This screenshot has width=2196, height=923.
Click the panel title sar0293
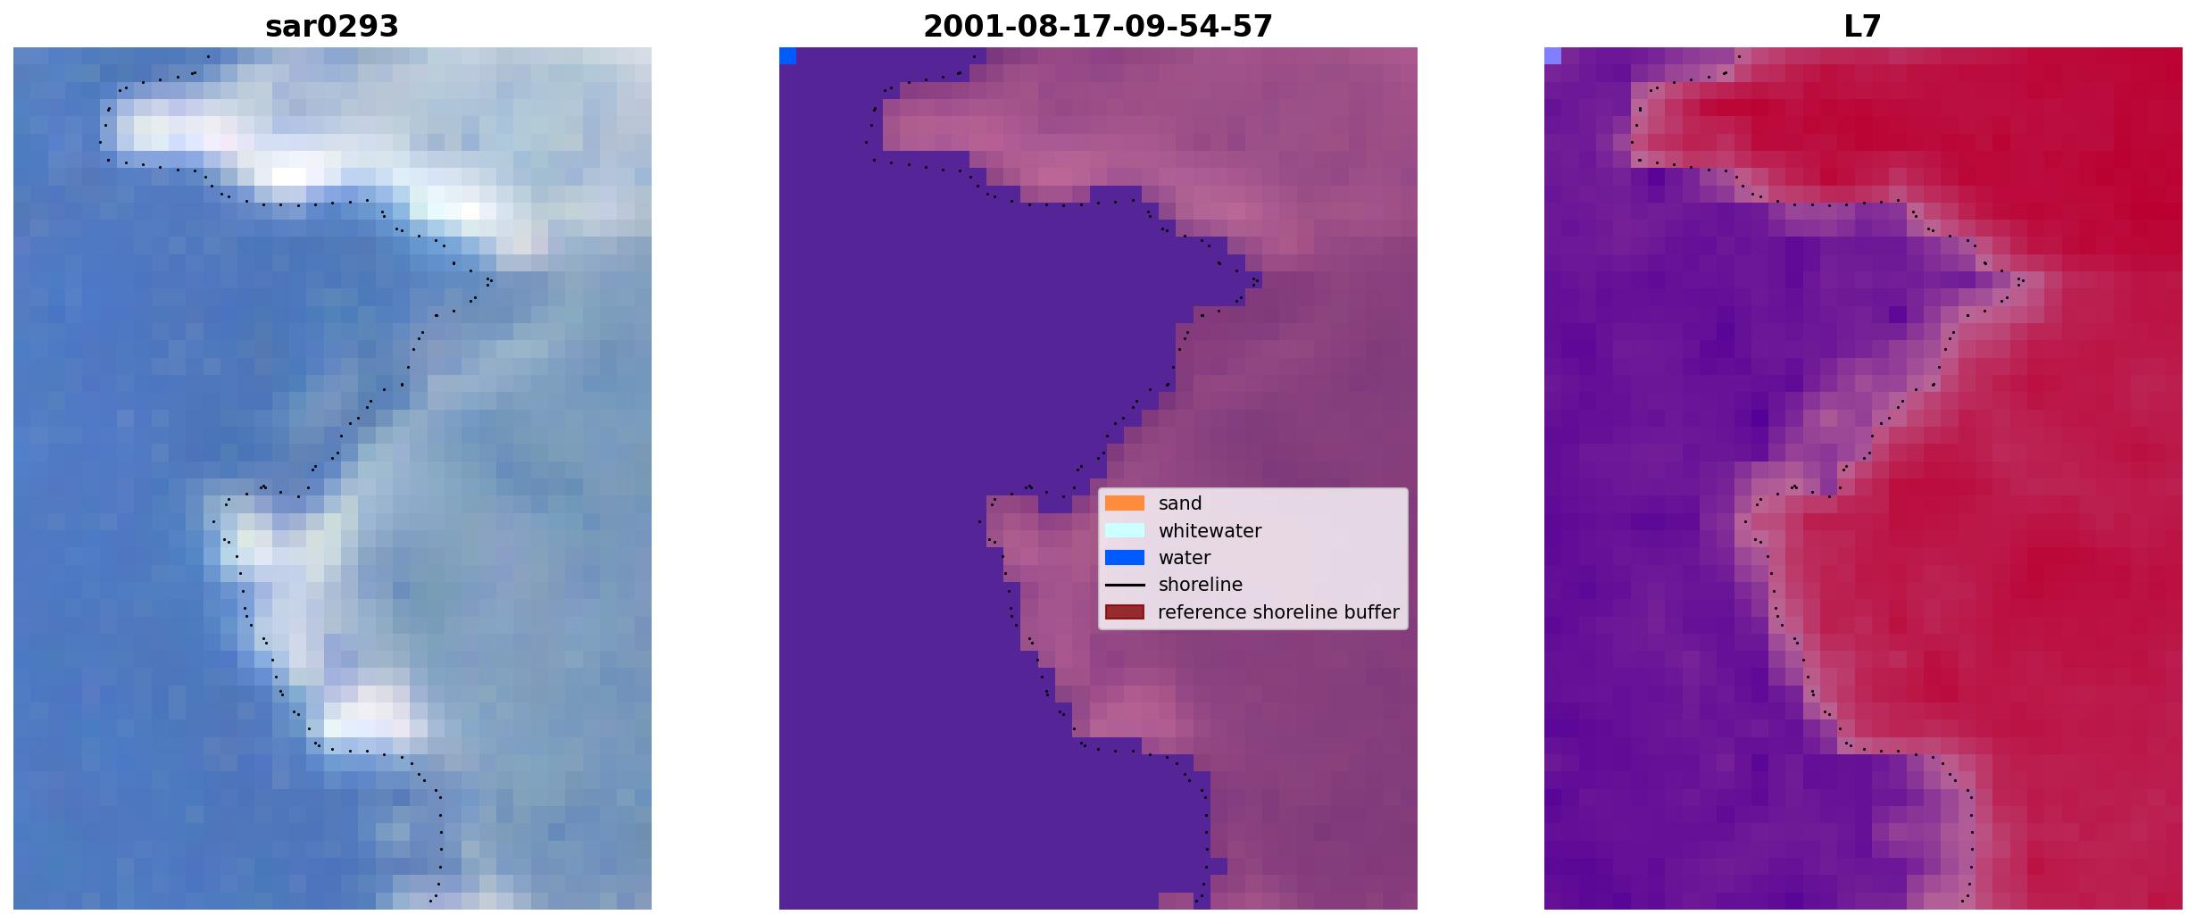click(x=332, y=27)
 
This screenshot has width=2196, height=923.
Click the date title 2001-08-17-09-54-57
click(x=1098, y=27)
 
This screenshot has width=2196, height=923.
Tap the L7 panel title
click(x=1863, y=27)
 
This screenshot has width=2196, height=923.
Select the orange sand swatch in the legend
click(x=1125, y=503)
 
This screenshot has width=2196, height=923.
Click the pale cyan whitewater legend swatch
click(x=1125, y=530)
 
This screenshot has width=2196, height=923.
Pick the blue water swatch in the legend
click(x=1125, y=558)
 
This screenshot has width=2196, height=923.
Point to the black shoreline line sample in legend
click(x=1125, y=586)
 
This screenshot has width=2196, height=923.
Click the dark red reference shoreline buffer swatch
click(x=1125, y=612)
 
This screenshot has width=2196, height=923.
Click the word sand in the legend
click(x=1180, y=503)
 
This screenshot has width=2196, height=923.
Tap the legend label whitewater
click(x=1210, y=531)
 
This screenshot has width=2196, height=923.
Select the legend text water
click(x=1185, y=558)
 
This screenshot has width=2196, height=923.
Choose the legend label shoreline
click(x=1201, y=585)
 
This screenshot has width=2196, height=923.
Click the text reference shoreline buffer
click(x=1278, y=612)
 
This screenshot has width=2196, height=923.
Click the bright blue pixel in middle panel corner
click(x=787, y=56)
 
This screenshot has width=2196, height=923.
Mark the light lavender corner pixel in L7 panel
click(x=1552, y=56)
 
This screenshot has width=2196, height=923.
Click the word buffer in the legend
click(x=1372, y=612)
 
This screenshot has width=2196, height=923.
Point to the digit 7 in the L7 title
click(x=1873, y=27)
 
